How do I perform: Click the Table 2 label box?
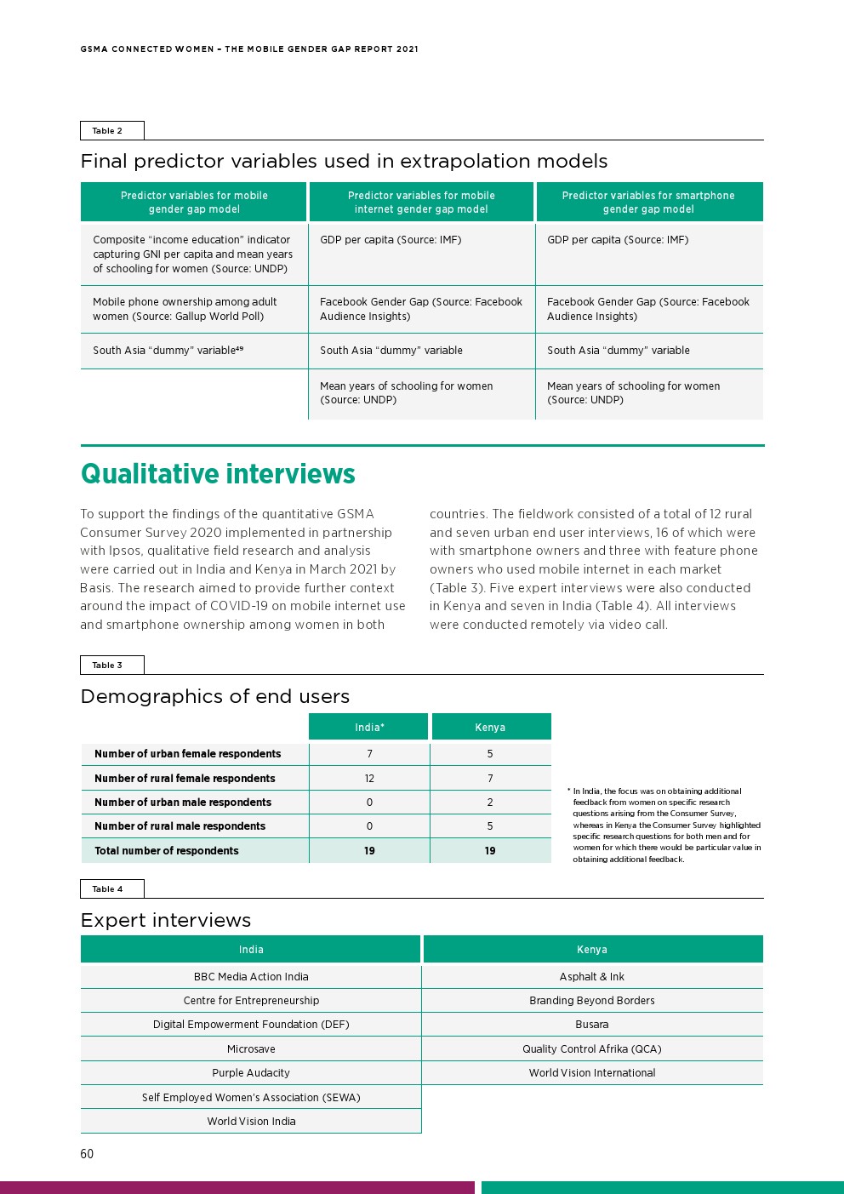pyautogui.click(x=111, y=130)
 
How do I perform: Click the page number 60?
pyautogui.click(x=87, y=1154)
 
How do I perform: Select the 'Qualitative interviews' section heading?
pyautogui.click(x=218, y=474)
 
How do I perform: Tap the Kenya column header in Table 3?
pyautogui.click(x=490, y=727)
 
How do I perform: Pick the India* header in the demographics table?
pyautogui.click(x=369, y=727)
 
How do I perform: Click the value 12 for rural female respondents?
pyautogui.click(x=369, y=778)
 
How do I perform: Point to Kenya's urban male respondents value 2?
pyautogui.click(x=490, y=802)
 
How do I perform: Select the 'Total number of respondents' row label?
pyautogui.click(x=167, y=850)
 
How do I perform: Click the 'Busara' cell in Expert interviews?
pyautogui.click(x=592, y=1025)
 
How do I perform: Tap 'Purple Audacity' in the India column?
pyautogui.click(x=251, y=1073)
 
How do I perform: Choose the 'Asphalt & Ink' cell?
pyautogui.click(x=592, y=977)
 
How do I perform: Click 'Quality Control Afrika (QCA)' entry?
pyautogui.click(x=592, y=1049)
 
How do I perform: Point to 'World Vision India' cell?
pyautogui.click(x=251, y=1122)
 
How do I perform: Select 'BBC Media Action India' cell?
pyautogui.click(x=251, y=977)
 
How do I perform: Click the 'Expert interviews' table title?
pyautogui.click(x=166, y=920)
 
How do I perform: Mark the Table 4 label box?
pyautogui.click(x=111, y=888)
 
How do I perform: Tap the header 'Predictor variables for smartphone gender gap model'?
pyautogui.click(x=648, y=203)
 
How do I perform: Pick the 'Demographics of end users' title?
pyautogui.click(x=215, y=696)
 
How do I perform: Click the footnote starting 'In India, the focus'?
pyautogui.click(x=666, y=825)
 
